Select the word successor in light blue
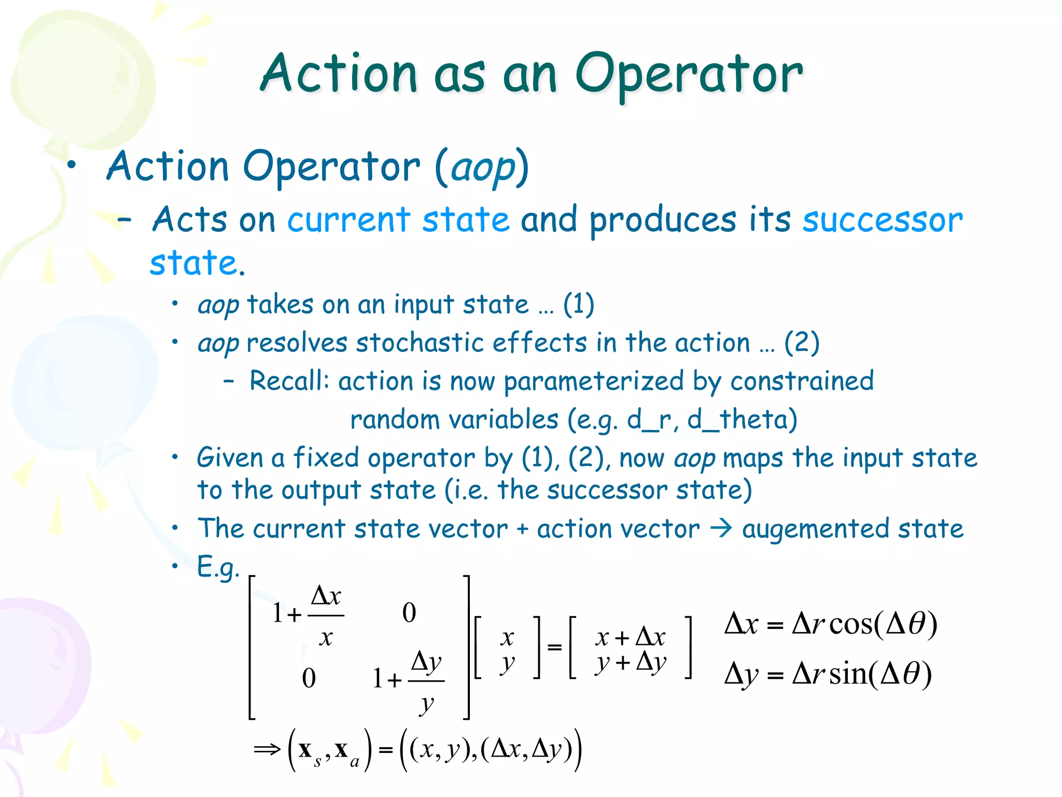click(882, 220)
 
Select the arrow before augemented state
click(721, 529)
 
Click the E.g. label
click(218, 567)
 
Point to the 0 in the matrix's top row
click(409, 613)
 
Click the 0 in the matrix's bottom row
click(309, 678)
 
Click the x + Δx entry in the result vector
click(630, 637)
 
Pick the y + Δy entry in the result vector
click(631, 663)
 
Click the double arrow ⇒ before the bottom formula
click(267, 749)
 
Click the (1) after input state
click(578, 305)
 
